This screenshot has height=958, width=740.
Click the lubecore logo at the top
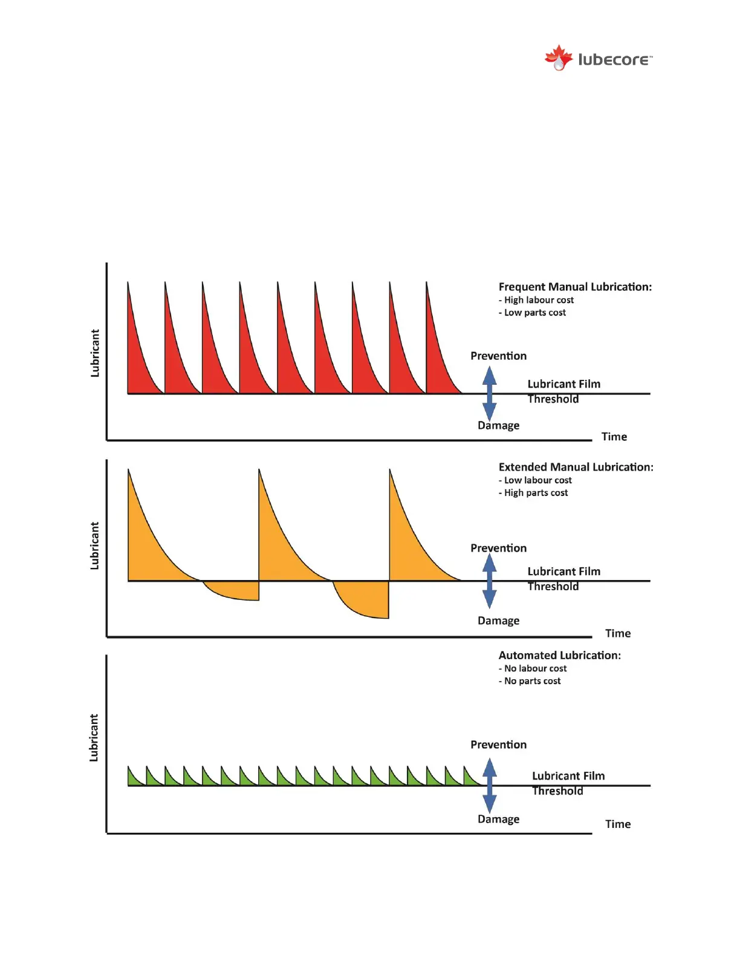pyautogui.click(x=598, y=59)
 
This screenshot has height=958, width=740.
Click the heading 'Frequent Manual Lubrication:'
pyautogui.click(x=575, y=287)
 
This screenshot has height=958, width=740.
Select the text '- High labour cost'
pyautogui.click(x=536, y=300)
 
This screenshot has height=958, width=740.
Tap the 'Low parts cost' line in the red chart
pyautogui.click(x=532, y=313)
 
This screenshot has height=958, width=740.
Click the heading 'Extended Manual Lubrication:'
pyautogui.click(x=576, y=467)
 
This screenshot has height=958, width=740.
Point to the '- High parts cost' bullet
pyautogui.click(x=533, y=493)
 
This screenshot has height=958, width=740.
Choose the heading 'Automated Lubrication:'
pyautogui.click(x=559, y=655)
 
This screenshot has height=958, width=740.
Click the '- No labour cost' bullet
pyautogui.click(x=533, y=668)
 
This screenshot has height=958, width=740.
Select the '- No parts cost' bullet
pyautogui.click(x=530, y=681)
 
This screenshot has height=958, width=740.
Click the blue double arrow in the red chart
pyautogui.click(x=490, y=393)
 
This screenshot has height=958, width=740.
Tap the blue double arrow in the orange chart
pyautogui.click(x=490, y=581)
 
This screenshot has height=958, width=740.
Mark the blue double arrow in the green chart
pyautogui.click(x=490, y=785)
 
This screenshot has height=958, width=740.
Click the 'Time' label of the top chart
pyautogui.click(x=614, y=437)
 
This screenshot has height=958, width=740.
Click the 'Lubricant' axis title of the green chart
pyautogui.click(x=94, y=737)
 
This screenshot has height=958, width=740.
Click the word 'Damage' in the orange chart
pyautogui.click(x=498, y=621)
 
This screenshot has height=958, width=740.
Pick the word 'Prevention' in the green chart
pyautogui.click(x=498, y=745)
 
